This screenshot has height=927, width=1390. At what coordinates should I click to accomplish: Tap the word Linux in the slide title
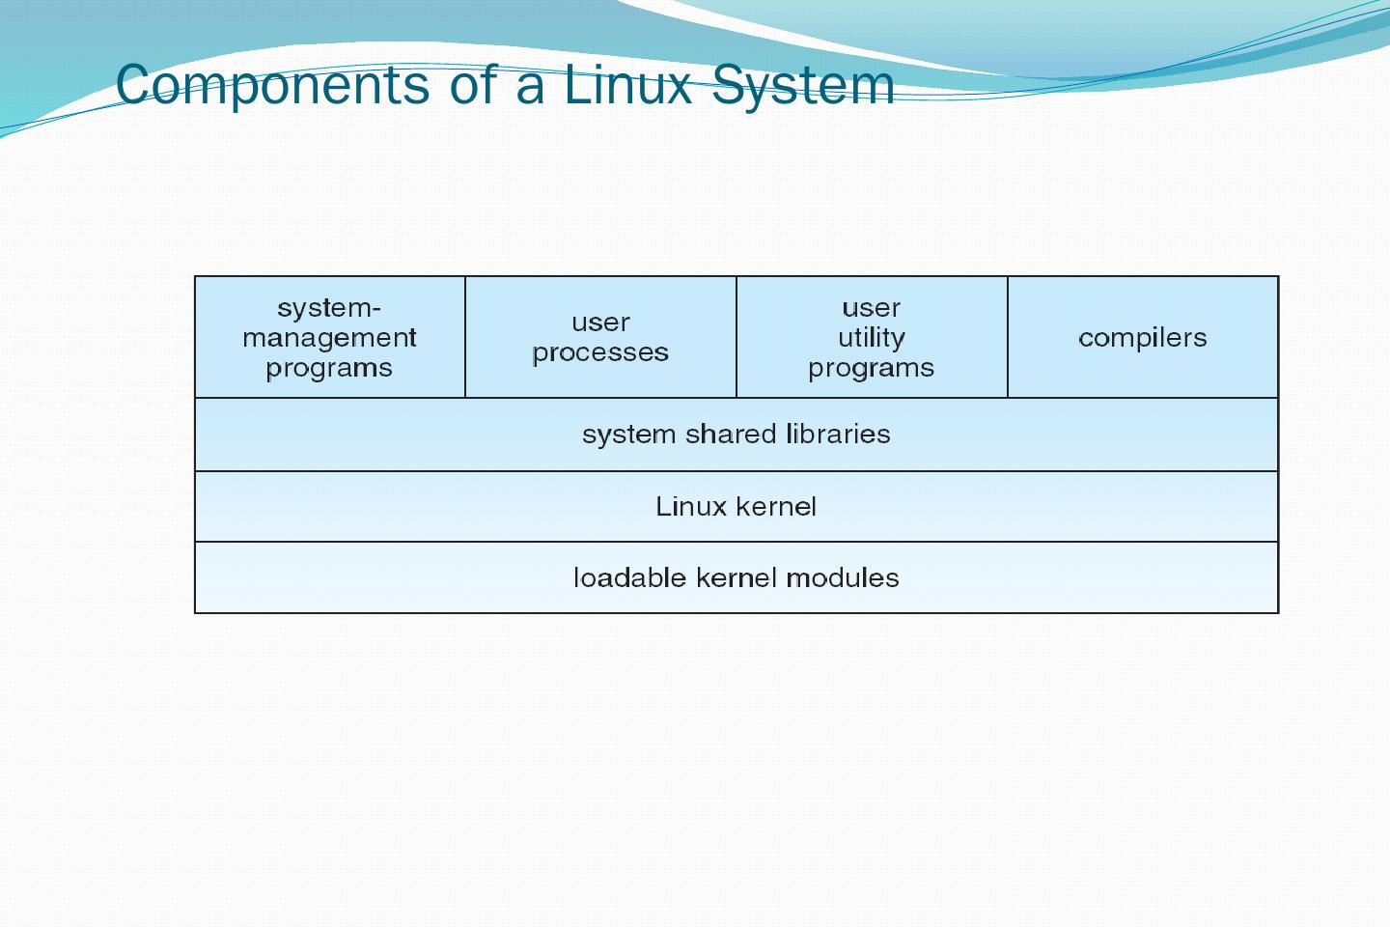click(628, 85)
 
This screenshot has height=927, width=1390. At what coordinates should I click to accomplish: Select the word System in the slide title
click(803, 85)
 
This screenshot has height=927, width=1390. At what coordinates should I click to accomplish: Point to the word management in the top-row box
click(329, 338)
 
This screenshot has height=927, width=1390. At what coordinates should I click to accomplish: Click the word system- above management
click(329, 308)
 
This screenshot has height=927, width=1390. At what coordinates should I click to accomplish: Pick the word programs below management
click(329, 368)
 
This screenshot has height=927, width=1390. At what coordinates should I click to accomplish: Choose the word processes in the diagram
click(600, 353)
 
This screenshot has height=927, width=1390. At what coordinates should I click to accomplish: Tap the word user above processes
click(600, 323)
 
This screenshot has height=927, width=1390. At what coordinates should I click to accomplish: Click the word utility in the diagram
click(872, 338)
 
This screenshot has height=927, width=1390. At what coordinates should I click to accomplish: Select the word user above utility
click(872, 308)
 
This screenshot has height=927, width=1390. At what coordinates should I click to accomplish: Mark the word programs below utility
click(872, 368)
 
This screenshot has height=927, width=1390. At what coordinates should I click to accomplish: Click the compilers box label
click(1143, 338)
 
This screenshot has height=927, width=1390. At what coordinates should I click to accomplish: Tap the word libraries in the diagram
click(838, 435)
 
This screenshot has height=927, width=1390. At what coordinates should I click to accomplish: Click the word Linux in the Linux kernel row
click(691, 507)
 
